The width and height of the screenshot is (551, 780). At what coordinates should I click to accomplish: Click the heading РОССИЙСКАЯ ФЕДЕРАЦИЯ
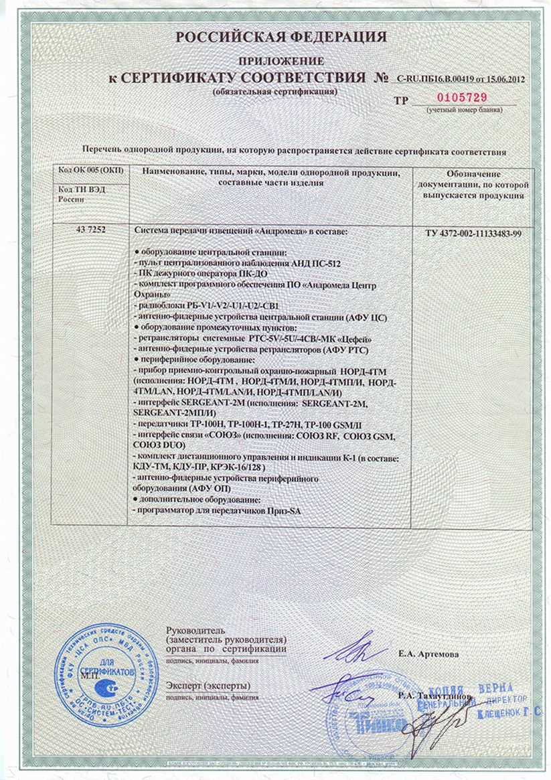pyautogui.click(x=281, y=37)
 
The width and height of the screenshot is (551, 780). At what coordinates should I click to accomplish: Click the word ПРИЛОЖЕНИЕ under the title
pyautogui.click(x=281, y=60)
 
